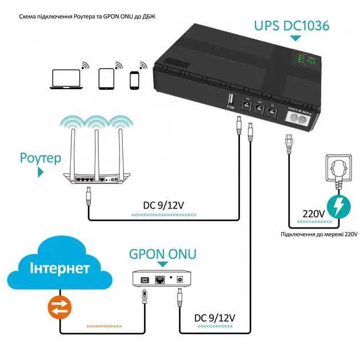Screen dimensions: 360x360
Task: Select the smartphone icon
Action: pyautogui.click(x=135, y=80)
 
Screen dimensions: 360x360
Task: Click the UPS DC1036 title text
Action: pyautogui.click(x=291, y=25)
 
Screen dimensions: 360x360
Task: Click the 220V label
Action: pyautogui.click(x=314, y=214)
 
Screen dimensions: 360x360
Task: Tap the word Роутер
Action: pyautogui.click(x=39, y=158)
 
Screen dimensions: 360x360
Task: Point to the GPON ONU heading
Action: pyautogui.click(x=163, y=253)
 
